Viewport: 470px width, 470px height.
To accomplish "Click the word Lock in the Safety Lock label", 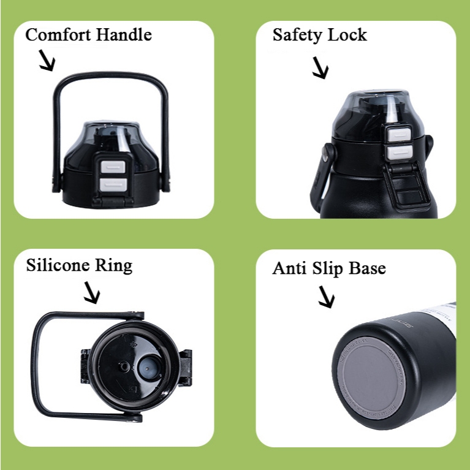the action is coord(349,34).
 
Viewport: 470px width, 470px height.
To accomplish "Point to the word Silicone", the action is coord(58,265).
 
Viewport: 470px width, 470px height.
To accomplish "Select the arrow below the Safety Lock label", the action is coord(320,69).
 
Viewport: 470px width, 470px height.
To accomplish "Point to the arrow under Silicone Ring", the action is coord(91,294).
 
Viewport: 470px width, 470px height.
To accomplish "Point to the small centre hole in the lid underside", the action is coord(125,365).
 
